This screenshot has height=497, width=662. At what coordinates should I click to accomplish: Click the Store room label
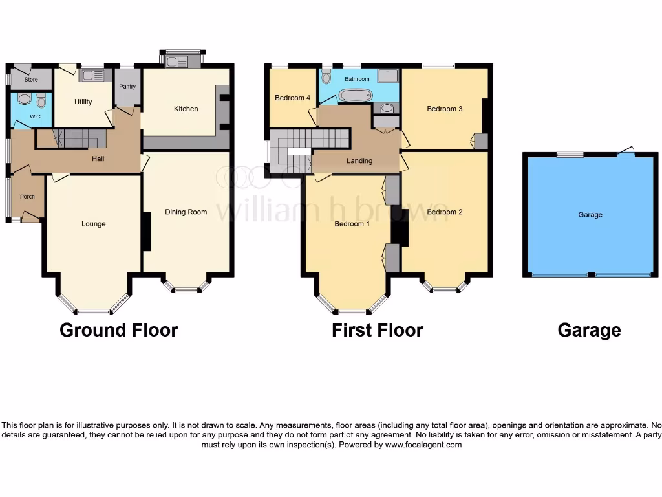point(31,80)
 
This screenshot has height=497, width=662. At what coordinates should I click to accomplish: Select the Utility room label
point(83,102)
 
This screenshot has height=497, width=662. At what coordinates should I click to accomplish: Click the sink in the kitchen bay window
point(176,61)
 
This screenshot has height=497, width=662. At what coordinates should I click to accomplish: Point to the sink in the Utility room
point(91,76)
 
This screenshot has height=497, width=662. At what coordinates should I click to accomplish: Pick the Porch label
point(27,197)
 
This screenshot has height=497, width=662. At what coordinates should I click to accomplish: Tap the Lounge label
point(93,224)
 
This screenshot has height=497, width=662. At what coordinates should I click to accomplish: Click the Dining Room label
point(186,212)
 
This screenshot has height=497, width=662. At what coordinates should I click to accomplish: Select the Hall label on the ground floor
point(98,159)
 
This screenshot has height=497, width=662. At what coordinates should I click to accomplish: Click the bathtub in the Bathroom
point(356,96)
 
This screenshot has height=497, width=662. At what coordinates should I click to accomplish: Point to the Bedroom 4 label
point(292,98)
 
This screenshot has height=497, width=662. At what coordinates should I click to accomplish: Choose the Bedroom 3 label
point(444,109)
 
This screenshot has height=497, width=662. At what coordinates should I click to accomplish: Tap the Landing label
point(359,161)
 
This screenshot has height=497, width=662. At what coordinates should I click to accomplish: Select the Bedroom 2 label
point(444,212)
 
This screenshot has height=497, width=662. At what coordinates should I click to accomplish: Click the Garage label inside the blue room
point(590,215)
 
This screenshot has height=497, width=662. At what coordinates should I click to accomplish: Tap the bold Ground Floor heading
point(118,330)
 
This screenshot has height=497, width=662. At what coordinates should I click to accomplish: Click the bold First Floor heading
point(377,330)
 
